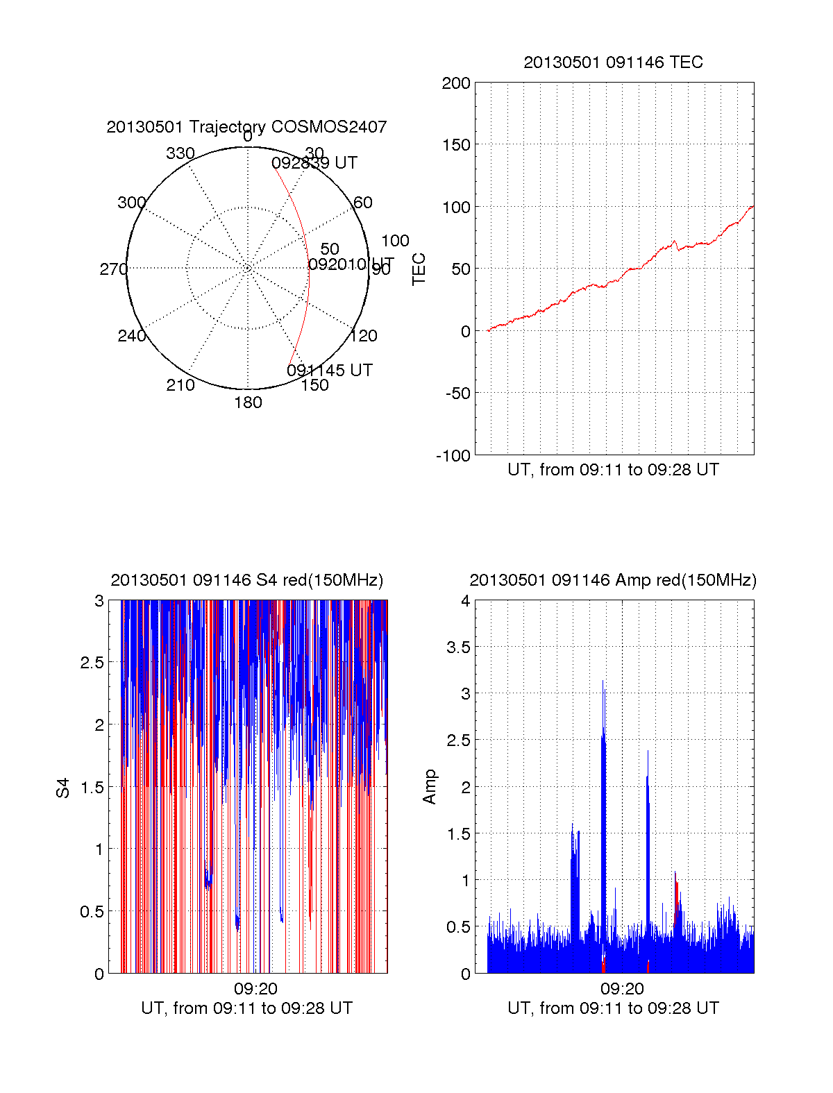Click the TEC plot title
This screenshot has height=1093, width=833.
coord(613,62)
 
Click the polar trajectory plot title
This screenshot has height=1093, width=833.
coord(246,127)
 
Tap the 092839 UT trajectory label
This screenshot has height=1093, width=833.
coord(314,163)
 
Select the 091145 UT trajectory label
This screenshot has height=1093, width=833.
coord(330,371)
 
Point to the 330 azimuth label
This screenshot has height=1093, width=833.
coord(180,153)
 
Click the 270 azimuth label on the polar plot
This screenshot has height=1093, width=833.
coord(113,269)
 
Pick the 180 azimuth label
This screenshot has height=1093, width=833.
coord(248,403)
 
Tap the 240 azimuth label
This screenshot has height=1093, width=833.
coord(131,336)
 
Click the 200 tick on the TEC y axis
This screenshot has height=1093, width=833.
coord(456,83)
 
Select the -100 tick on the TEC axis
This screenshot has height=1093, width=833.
coord(453,456)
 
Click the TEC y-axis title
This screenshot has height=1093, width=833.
coord(419,269)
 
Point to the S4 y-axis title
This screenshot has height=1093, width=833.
coord(63,788)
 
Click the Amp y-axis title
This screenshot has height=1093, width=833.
coord(430,787)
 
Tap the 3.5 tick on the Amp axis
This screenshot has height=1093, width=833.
coord(458,647)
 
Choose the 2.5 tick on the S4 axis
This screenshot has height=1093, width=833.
coord(92,663)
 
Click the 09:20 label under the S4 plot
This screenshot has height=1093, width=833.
coord(255,988)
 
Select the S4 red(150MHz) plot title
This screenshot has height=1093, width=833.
coord(246,580)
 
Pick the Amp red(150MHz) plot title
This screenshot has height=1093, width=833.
coord(613,580)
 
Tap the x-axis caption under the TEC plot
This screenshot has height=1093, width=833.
coord(613,470)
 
